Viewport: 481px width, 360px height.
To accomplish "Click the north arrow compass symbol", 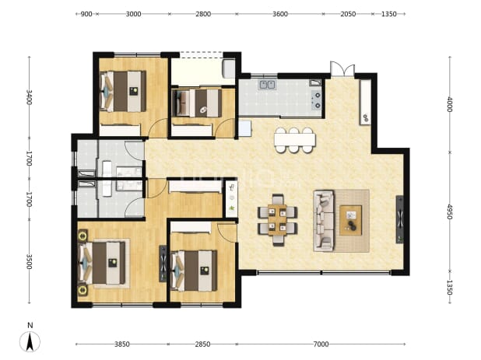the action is tap(30, 341).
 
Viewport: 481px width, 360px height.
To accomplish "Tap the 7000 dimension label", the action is tap(321, 344).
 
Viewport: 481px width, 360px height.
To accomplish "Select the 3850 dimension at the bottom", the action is tap(121, 344).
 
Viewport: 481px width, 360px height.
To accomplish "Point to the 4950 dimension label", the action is tap(449, 211).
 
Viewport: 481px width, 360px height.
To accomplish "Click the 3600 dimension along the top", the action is tap(280, 14).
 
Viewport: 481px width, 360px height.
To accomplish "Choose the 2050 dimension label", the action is tap(348, 14).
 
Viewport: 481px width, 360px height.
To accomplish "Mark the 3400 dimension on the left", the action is tap(29, 97).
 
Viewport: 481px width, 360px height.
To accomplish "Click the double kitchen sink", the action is tap(267, 85).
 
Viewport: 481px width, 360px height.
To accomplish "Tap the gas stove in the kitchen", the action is tap(316, 100).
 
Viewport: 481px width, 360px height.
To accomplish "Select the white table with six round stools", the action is tap(294, 140).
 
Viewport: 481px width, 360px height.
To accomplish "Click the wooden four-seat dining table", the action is tap(278, 220).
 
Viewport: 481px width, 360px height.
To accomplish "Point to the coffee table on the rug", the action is tap(350, 220).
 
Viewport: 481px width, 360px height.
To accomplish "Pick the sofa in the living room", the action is tap(324, 221).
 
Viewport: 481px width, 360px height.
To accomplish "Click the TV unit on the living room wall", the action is tap(400, 219).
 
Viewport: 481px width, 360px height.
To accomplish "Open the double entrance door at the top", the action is tap(342, 69).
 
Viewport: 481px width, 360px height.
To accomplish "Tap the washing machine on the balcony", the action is tap(229, 68).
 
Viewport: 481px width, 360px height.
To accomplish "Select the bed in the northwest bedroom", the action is tap(123, 91).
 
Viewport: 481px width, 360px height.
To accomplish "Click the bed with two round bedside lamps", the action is tap(103, 264).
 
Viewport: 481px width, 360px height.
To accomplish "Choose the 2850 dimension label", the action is tap(202, 344).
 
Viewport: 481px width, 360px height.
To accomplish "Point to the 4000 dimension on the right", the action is tap(449, 104).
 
